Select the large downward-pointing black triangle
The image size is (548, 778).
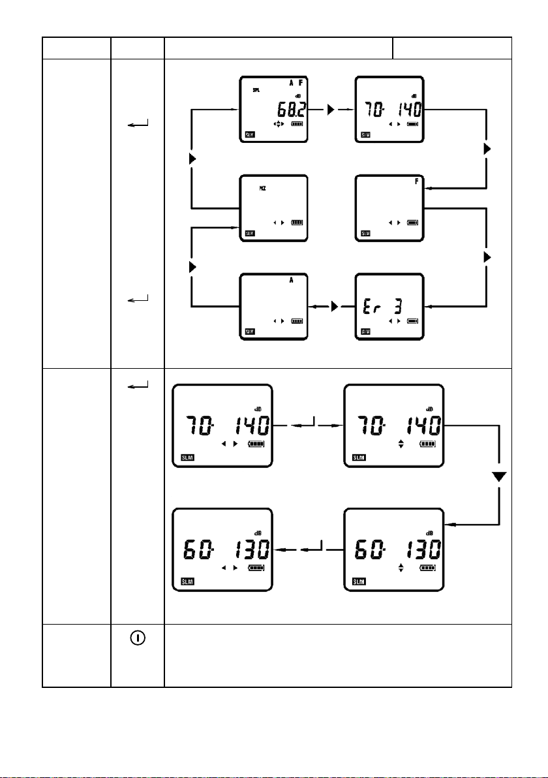pyautogui.click(x=499, y=478)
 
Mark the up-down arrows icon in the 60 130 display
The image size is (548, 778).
pyautogui.click(x=401, y=568)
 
